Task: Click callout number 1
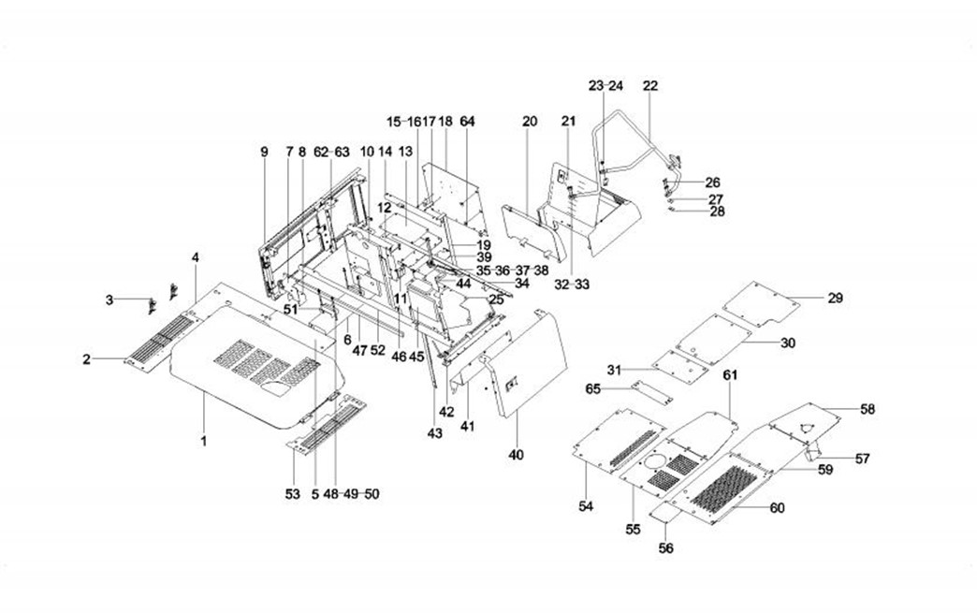click(204, 439)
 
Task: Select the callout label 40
click(517, 455)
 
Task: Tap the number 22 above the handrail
click(650, 86)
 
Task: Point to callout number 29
click(835, 299)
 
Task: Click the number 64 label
click(468, 122)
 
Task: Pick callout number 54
click(586, 505)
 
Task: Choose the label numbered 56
click(667, 547)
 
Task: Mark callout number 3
click(109, 299)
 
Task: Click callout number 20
click(530, 122)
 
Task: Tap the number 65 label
click(620, 387)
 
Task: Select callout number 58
click(868, 409)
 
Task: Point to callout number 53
click(293, 493)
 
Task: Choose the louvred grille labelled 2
click(159, 341)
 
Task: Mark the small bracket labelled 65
click(653, 390)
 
